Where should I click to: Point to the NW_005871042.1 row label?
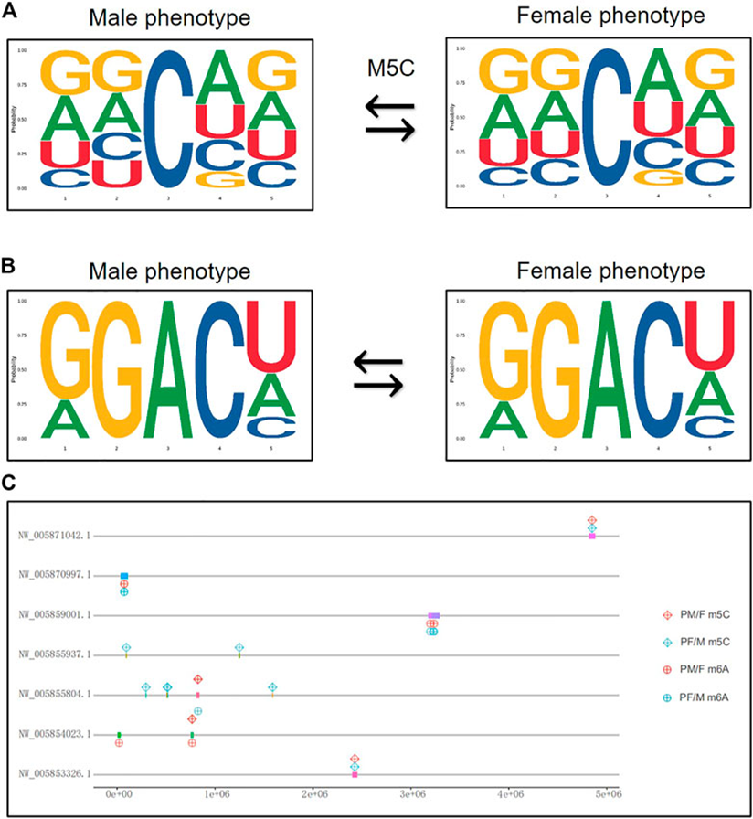click(59, 537)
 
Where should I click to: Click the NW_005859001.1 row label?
click(59, 615)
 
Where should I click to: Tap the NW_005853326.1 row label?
click(59, 774)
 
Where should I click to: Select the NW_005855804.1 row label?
click(59, 695)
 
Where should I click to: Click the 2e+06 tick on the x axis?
click(313, 797)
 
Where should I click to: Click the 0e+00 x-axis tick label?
click(118, 797)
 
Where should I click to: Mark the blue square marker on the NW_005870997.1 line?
click(123, 576)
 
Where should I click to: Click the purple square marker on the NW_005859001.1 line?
click(433, 616)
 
